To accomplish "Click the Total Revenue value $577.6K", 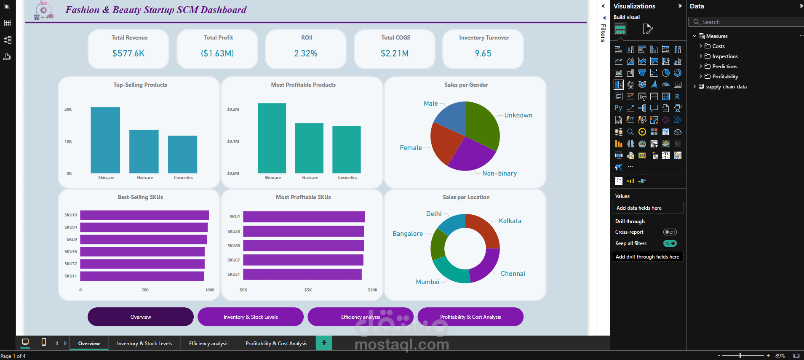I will coord(128,53).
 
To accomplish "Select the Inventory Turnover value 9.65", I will coord(483,53).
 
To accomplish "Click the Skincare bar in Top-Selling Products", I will coord(105,140).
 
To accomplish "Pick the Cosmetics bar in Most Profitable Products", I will coord(346,149).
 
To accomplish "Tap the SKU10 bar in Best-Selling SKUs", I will coord(144,215).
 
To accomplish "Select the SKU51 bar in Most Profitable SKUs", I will coord(302,275).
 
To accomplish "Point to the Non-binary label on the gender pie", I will coord(499,173).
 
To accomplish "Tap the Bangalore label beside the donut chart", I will coord(407,234).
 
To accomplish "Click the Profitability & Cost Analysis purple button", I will coord(470,317).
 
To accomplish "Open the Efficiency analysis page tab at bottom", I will coord(208,344).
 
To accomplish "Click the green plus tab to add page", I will coord(324,343).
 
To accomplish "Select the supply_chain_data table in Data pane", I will coord(726,87).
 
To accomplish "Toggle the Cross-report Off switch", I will coord(670,232).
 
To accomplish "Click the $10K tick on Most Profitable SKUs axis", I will coord(372,290).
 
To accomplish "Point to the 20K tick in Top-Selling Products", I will coord(68,109).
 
